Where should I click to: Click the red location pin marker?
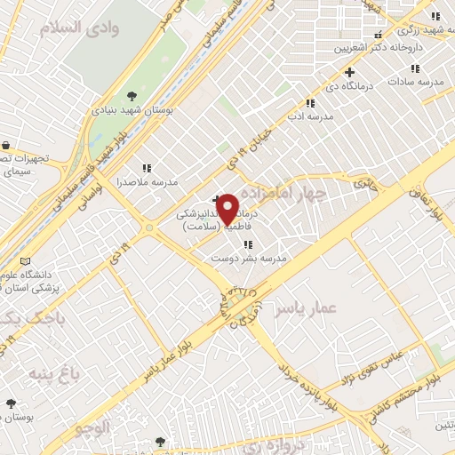(x=227, y=209)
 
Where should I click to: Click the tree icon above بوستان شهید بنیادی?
(x=132, y=96)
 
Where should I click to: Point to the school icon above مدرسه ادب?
(x=309, y=103)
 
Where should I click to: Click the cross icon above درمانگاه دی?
(x=349, y=72)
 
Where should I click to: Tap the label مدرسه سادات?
(x=413, y=81)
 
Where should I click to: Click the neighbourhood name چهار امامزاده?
(x=290, y=192)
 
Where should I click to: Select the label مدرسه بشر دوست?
(x=249, y=258)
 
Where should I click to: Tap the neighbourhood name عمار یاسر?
(x=307, y=307)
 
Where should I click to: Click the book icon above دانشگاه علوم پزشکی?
(x=25, y=261)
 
